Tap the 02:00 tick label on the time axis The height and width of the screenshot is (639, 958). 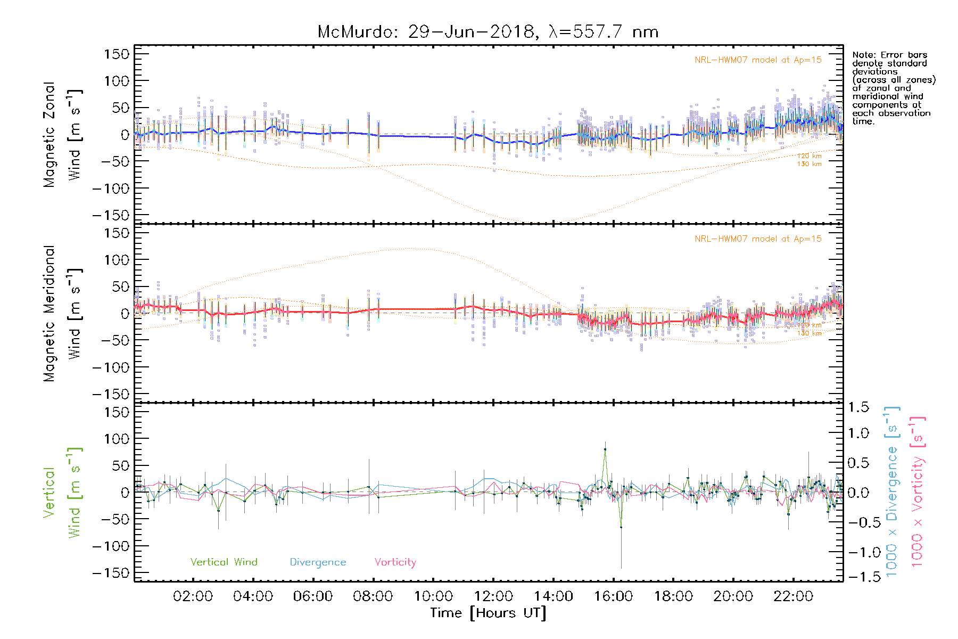[x=193, y=596]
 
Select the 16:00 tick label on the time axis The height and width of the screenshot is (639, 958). [x=613, y=596]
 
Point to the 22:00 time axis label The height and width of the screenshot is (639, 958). [x=793, y=596]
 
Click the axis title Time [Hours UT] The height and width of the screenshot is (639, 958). [x=488, y=613]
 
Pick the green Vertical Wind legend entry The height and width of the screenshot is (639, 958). [x=224, y=562]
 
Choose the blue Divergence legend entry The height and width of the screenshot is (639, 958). [x=318, y=562]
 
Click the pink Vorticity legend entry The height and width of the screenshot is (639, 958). [x=395, y=562]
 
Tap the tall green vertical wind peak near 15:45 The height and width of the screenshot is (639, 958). [x=605, y=449]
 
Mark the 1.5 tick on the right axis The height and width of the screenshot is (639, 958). [x=858, y=407]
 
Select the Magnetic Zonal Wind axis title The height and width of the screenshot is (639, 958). [x=62, y=134]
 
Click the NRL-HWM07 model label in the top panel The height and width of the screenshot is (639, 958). [x=758, y=60]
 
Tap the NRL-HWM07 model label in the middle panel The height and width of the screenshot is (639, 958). [x=758, y=239]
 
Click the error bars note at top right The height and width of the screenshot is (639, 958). [x=893, y=88]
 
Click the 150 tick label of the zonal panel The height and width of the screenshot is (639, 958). [x=117, y=54]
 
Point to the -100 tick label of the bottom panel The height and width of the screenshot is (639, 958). [x=111, y=546]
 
